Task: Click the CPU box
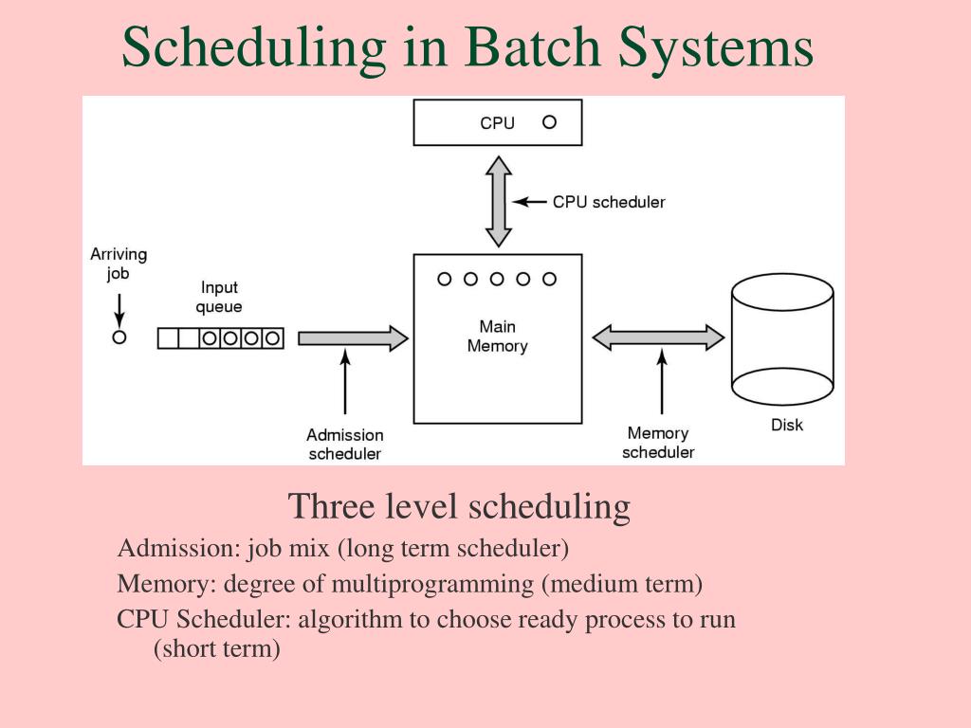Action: coord(497,122)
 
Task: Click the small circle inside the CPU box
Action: coord(549,122)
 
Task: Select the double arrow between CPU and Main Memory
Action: coord(498,202)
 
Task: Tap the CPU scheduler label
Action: coord(609,202)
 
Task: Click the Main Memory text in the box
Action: coord(497,337)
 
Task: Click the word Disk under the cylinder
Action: coord(786,425)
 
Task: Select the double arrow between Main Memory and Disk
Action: coord(658,337)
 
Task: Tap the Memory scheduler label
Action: coord(658,443)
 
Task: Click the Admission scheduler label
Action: coord(345,445)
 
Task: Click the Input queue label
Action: coord(219,297)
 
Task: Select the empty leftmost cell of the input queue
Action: coord(168,338)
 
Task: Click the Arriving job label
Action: coord(119,264)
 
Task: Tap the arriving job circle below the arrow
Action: coord(119,337)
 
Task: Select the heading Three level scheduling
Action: coord(459,506)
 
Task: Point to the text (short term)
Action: coord(216,649)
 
